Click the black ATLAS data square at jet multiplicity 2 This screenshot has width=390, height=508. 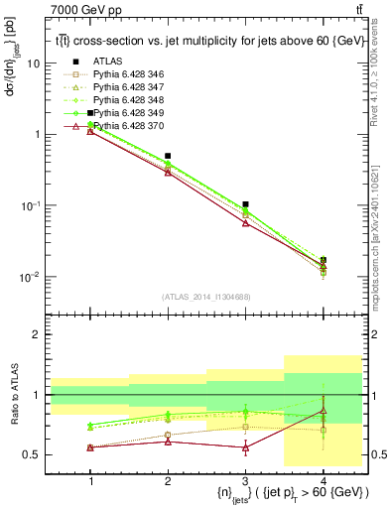[x=168, y=156]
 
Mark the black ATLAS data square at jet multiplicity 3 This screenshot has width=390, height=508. [x=245, y=204]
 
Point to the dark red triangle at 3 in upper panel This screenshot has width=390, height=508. [x=245, y=223]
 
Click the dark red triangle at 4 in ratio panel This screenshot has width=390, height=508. [x=323, y=411]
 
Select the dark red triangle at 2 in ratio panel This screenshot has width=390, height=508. [x=168, y=441]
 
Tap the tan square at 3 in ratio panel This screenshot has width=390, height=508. [x=245, y=428]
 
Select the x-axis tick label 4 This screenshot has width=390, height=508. [x=323, y=480]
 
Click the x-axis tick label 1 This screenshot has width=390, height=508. [x=90, y=480]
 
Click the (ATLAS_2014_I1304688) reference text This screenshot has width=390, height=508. [x=206, y=297]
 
